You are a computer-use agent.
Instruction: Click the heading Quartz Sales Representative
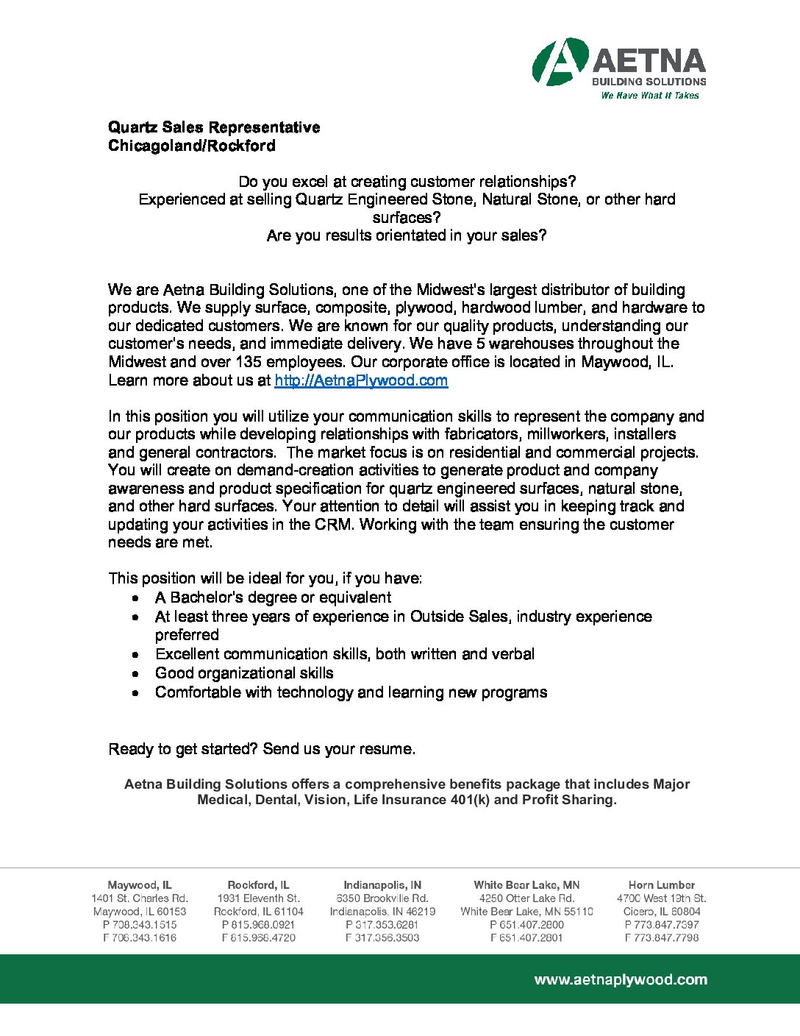(214, 127)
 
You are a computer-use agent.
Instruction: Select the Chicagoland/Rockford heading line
(192, 146)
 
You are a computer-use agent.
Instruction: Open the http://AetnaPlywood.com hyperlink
(361, 380)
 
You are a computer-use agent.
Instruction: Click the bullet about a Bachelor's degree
(273, 597)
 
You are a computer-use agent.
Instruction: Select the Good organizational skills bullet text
(244, 673)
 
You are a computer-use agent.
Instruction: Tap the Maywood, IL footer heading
(140, 885)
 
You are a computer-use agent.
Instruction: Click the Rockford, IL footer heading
(258, 885)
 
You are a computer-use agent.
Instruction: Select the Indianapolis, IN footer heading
(382, 885)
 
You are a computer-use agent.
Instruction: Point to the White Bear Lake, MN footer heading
(526, 885)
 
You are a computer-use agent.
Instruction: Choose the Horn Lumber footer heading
(662, 885)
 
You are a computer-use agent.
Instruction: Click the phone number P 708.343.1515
(140, 925)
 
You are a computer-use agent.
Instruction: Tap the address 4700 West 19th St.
(662, 898)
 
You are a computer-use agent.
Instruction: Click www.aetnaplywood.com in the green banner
(621, 979)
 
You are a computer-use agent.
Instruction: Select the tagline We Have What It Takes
(650, 96)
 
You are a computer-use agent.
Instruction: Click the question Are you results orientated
(407, 235)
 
